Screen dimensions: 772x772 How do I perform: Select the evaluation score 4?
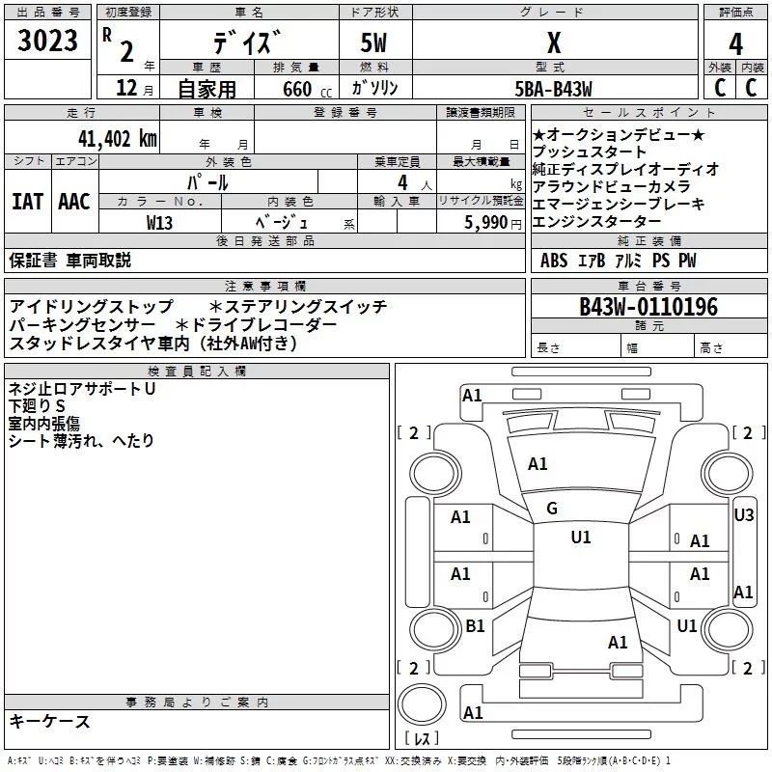[736, 43]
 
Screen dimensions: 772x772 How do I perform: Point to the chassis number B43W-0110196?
[648, 307]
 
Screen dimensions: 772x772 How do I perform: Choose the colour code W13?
[160, 222]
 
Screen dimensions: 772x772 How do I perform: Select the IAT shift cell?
[27, 201]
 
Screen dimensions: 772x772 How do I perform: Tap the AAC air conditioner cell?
[73, 201]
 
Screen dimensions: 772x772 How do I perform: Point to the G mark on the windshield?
[552, 509]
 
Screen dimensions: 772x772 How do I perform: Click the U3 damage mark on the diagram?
[743, 515]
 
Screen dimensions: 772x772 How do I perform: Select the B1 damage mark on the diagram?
[475, 626]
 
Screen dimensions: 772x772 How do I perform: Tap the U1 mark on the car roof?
[581, 538]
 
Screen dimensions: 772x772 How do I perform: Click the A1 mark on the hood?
[538, 464]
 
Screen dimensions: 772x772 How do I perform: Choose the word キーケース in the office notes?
[49, 721]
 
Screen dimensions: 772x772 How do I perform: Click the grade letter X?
[554, 42]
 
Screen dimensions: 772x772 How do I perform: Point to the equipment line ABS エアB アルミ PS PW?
[618, 261]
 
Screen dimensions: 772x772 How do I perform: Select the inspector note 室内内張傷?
[44, 424]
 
